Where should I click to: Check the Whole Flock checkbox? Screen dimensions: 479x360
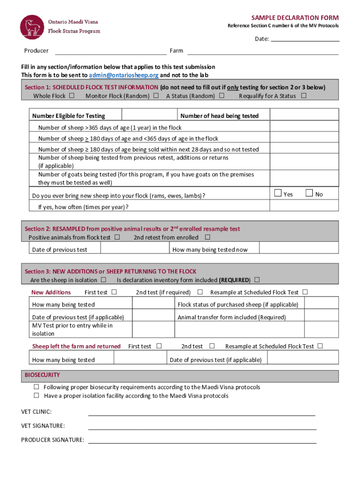click(x=72, y=96)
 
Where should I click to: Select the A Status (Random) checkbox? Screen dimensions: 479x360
click(x=222, y=96)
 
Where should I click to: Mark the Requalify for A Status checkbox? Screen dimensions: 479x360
click(x=304, y=96)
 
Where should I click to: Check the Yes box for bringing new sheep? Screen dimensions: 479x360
click(x=278, y=193)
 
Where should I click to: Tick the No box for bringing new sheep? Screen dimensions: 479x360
click(x=309, y=193)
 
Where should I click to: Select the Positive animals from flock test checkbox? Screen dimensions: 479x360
click(x=117, y=237)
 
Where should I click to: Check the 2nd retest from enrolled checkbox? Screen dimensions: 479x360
click(x=208, y=237)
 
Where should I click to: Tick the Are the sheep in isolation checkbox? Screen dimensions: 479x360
click(x=103, y=280)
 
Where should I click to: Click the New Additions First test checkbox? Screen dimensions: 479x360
click(x=114, y=292)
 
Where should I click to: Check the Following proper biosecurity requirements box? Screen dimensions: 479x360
click(x=36, y=387)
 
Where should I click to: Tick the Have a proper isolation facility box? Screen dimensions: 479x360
click(x=36, y=396)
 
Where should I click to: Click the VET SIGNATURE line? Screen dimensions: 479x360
click(x=202, y=427)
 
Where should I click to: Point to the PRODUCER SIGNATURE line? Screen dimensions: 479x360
click(x=202, y=441)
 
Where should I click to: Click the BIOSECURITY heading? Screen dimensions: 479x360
click(x=42, y=375)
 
